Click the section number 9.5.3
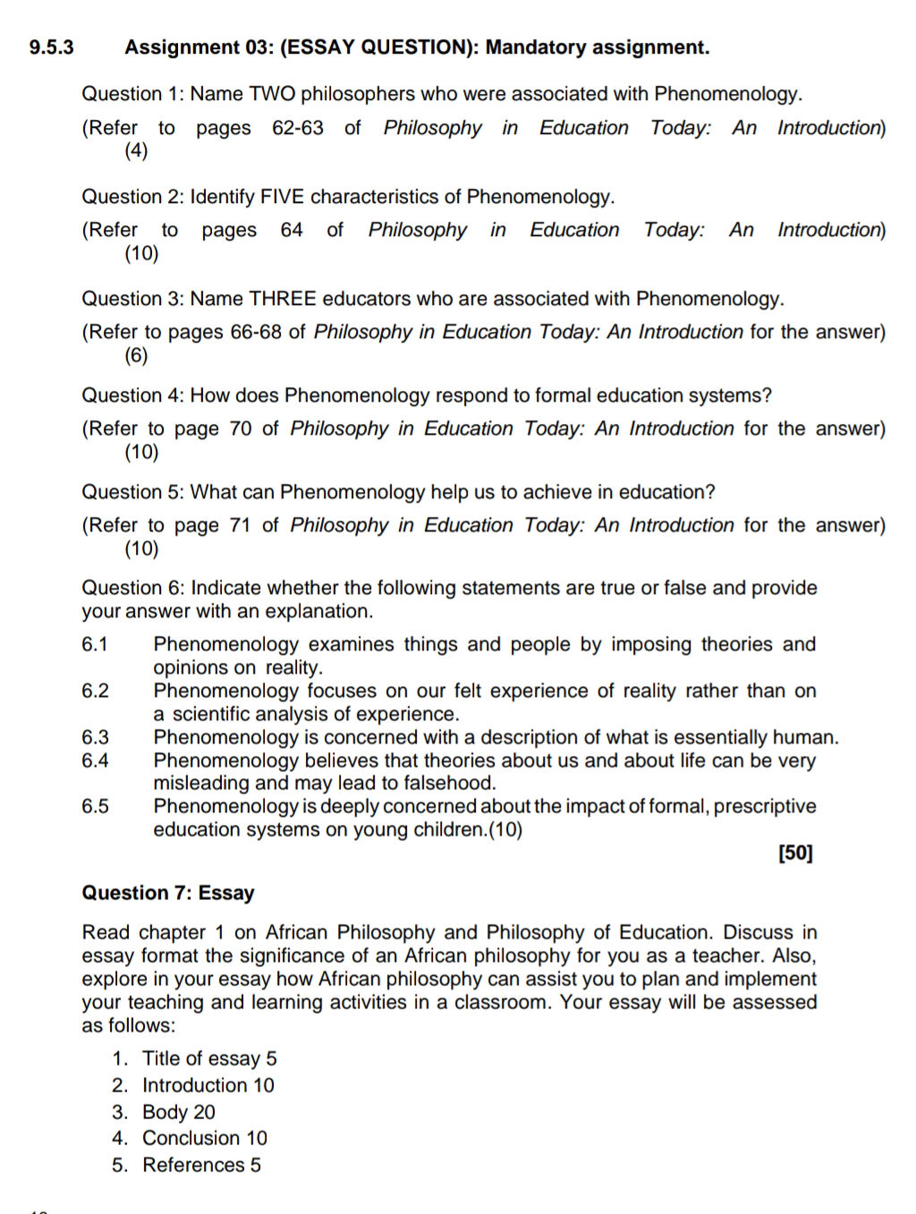[51, 47]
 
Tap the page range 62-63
[298, 128]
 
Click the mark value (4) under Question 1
[136, 150]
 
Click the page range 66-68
[256, 333]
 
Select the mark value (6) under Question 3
[136, 355]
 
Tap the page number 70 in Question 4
[241, 429]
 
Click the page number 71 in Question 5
[241, 526]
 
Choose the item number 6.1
[95, 645]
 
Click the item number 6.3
[95, 738]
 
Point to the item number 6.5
[95, 807]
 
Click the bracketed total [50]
[795, 853]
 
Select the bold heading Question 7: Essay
[168, 893]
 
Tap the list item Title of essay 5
[209, 1059]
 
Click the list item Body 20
[179, 1113]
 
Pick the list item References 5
[201, 1166]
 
